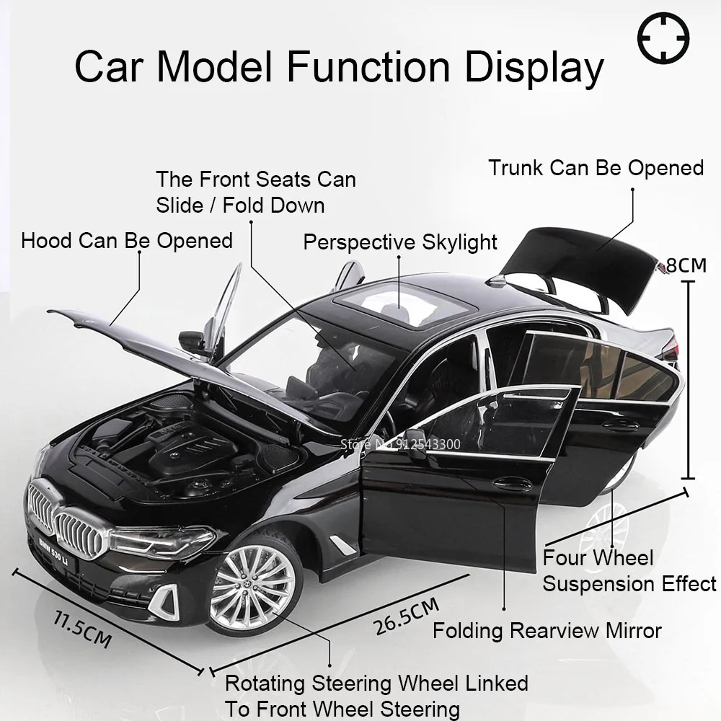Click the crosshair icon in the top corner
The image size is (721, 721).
[x=664, y=37]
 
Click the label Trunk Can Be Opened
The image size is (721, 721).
[x=596, y=168]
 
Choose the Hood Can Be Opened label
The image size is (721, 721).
[x=127, y=240]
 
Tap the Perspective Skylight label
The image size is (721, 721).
[x=400, y=242]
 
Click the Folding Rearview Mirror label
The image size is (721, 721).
[x=547, y=631]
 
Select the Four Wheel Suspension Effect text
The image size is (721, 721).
[x=629, y=570]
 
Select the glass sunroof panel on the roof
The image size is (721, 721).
[x=389, y=303]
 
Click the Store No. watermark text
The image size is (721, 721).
[x=399, y=444]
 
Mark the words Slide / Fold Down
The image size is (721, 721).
[x=240, y=205]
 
